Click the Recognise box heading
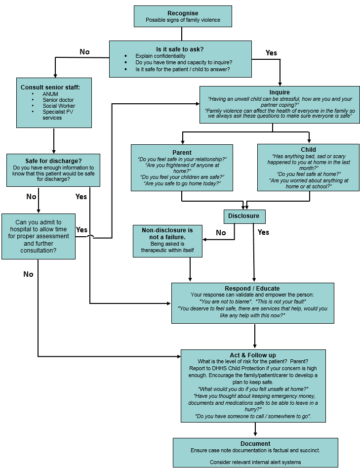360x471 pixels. (x=183, y=13)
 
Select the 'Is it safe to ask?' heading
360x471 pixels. (x=180, y=49)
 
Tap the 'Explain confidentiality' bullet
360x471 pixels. (x=160, y=56)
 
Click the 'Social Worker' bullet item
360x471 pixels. (x=59, y=106)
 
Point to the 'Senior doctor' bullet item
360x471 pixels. (x=58, y=100)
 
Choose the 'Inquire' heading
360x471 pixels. (x=280, y=92)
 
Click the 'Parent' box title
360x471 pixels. (x=182, y=152)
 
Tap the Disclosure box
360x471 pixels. (x=243, y=216)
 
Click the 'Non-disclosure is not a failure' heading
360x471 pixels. (x=167, y=233)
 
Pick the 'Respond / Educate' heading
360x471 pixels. (x=252, y=288)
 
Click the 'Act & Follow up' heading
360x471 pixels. (x=253, y=355)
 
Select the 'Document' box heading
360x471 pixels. (x=255, y=443)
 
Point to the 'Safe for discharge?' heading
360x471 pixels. (x=53, y=161)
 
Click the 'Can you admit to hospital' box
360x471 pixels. (x=39, y=236)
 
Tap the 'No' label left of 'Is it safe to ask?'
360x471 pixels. (x=84, y=52)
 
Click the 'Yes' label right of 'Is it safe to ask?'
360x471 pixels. (x=271, y=53)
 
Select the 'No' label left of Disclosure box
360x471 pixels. (x=220, y=233)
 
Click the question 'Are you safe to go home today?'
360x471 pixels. (x=182, y=183)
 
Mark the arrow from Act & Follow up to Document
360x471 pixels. (x=255, y=430)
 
